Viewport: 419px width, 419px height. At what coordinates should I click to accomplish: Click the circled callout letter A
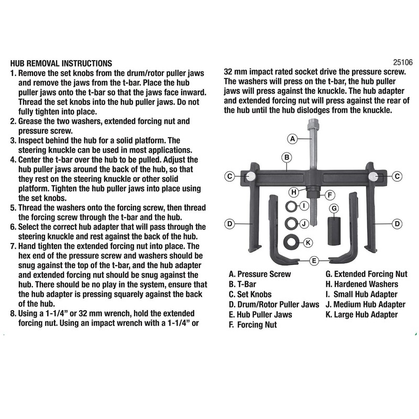coord(293,139)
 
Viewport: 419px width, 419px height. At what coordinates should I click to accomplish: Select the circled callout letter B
coord(287,157)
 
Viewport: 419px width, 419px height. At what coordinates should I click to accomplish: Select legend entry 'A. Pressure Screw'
coord(260,274)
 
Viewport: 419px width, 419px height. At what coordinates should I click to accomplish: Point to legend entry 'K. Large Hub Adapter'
coord(361,315)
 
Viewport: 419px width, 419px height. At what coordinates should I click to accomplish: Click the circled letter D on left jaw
coord(229,224)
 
